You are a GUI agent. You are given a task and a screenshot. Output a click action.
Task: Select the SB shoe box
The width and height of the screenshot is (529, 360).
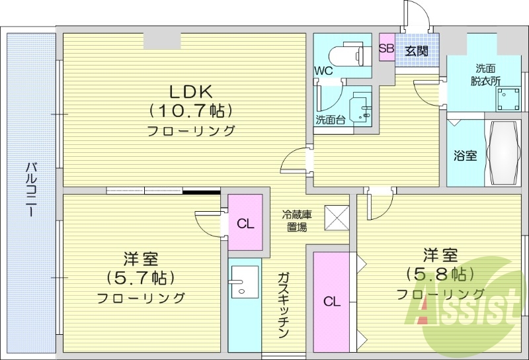386,49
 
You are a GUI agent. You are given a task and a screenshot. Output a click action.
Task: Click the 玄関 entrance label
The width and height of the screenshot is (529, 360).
416,50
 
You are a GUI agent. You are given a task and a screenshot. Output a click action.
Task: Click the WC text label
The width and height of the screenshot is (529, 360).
323,70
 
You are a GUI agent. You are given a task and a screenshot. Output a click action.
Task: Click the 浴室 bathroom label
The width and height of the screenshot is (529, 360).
465,156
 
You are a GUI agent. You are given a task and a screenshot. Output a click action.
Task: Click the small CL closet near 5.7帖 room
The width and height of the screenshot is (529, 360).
246,223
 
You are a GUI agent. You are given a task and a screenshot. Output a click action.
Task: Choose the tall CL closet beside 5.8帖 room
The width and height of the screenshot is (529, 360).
332,302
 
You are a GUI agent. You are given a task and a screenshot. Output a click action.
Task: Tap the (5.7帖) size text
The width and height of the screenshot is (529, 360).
140,277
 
